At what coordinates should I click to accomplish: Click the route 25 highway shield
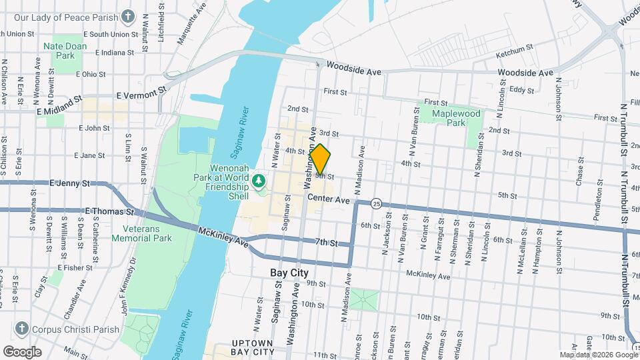point(377,203)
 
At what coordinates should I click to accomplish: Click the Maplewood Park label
point(447,118)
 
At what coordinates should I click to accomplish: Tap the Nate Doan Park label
point(60,51)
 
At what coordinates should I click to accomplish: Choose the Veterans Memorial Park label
point(142,233)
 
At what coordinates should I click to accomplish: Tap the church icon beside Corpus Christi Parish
point(22,329)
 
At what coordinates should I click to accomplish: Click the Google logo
point(22,351)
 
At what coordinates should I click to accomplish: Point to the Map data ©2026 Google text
point(598,355)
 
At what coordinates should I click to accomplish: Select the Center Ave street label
point(329,199)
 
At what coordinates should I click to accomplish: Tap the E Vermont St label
point(140,96)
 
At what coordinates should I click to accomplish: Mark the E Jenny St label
point(69,183)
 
